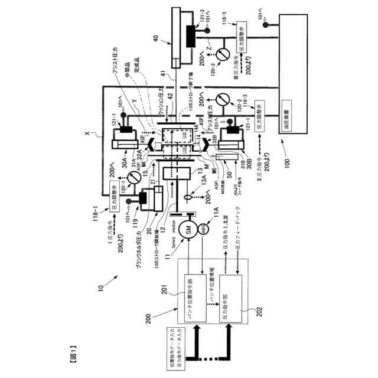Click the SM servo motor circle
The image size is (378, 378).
click(192, 232)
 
